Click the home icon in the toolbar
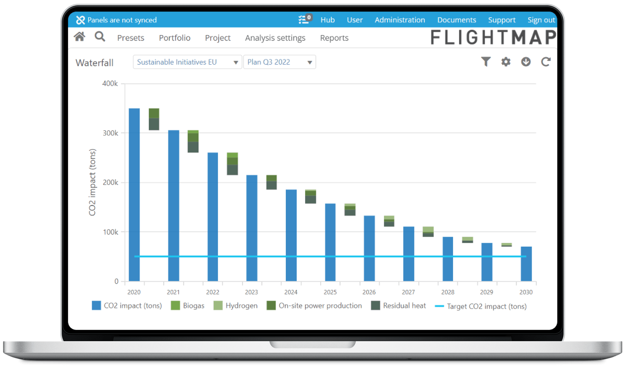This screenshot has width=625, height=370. pos(79,37)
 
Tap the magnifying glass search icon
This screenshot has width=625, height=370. pos(100,37)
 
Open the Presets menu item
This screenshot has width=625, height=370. pos(131,38)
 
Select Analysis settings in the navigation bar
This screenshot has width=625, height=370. pos(275,38)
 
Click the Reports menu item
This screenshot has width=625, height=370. pos(334,38)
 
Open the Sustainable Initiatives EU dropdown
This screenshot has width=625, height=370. pos(187,62)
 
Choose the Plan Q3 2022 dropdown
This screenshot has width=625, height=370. pos(279,62)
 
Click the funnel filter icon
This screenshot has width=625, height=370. pos(486,62)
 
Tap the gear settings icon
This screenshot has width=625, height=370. pos(506,62)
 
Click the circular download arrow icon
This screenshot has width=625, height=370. pos(526,62)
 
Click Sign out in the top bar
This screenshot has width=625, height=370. pos(541,20)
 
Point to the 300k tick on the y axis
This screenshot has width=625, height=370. pos(110,133)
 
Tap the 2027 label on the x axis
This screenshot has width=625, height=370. pos(408,292)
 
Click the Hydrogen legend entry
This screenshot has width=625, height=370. pos(236,306)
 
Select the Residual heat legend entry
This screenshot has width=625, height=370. pos(398,306)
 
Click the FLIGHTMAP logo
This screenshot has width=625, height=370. pos(493,37)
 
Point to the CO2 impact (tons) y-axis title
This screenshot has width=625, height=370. pos(92,182)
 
